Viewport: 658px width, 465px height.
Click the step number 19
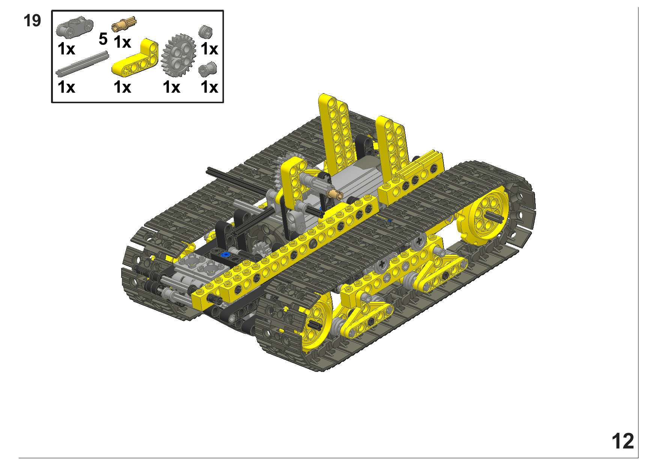(x=32, y=21)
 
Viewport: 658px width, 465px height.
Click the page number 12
(x=623, y=441)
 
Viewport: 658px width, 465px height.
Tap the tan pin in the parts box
(x=124, y=24)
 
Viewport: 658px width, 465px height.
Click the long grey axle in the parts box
(x=83, y=63)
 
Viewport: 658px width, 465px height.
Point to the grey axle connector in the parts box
(x=74, y=27)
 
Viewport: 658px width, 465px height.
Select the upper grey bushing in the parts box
(x=206, y=32)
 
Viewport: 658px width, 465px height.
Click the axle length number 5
(x=103, y=39)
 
